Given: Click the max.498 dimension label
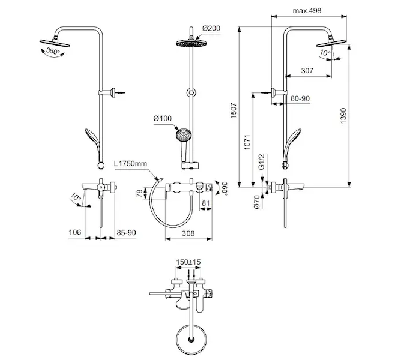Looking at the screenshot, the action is pos(307,11).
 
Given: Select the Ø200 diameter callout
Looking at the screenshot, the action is pos(211,28).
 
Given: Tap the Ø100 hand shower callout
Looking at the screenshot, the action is pos(163,118).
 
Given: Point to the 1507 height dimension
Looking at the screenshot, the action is pos(234,110).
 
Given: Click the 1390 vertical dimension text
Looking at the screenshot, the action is pos(343,116).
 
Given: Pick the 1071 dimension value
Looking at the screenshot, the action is pos(247,142).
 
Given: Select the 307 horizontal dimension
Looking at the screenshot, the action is pos(307,70).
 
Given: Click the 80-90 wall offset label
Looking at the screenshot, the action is pos(300,98).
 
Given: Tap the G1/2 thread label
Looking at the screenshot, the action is pos(262,162).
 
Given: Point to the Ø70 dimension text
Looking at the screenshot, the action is pos(256,202).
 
